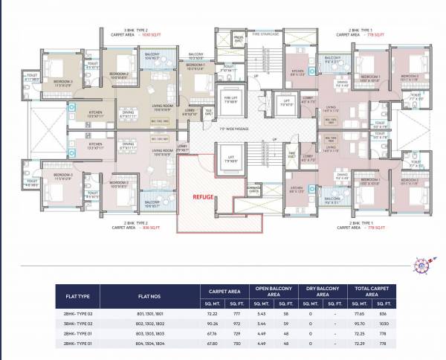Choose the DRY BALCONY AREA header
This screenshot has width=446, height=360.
tap(322, 291)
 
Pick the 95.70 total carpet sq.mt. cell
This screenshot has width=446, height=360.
tap(361, 324)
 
